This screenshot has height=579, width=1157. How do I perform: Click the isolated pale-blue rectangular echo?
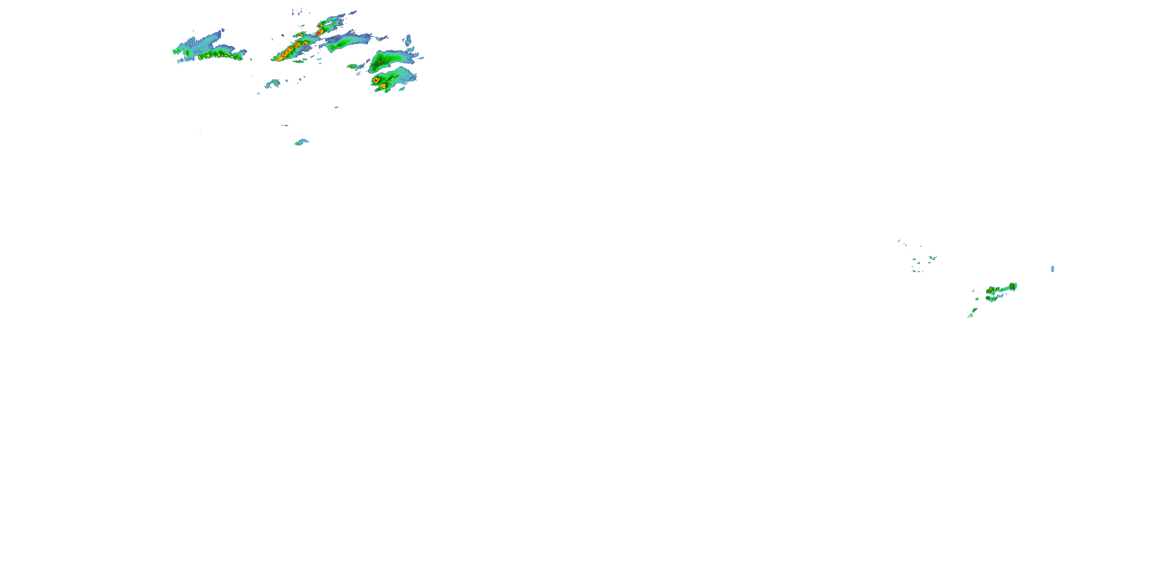click(1052, 269)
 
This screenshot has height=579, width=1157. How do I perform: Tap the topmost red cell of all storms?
click(320, 25)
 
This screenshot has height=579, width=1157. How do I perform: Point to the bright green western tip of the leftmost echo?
click(175, 51)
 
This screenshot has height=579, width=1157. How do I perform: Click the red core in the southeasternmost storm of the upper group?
click(376, 80)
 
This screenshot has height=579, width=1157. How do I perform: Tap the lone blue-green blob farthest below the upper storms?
click(301, 142)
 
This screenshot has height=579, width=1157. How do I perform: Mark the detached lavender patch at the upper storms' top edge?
click(297, 11)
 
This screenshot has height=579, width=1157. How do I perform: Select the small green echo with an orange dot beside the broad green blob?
click(352, 66)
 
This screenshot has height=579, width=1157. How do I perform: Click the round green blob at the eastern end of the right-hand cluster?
click(1013, 286)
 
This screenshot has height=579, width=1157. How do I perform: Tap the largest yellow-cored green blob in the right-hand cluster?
click(992, 290)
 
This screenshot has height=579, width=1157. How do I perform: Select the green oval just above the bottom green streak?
click(974, 310)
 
